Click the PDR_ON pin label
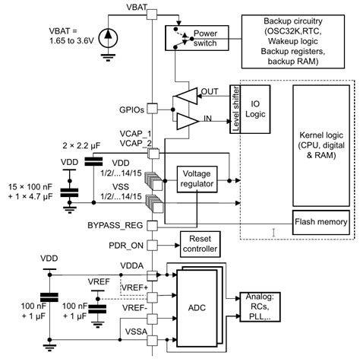124,245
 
